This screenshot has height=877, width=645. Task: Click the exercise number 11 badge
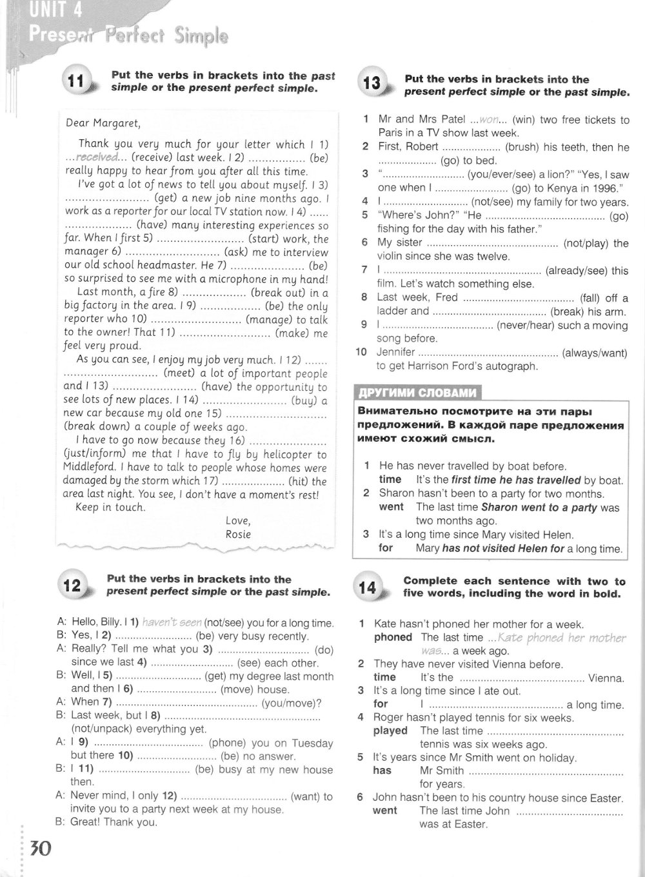pos(77,81)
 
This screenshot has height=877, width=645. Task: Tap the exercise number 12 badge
pos(72,585)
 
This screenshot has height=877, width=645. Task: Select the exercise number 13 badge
pos(372,83)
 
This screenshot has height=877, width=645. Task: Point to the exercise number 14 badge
pos(367,587)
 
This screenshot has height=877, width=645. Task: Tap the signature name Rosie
pos(238,534)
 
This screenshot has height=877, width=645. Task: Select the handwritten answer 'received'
pos(97,157)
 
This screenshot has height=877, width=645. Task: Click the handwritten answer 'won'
pos(490,120)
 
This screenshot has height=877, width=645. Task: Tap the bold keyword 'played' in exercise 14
pos(390,731)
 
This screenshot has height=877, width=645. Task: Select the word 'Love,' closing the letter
pos(238,520)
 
